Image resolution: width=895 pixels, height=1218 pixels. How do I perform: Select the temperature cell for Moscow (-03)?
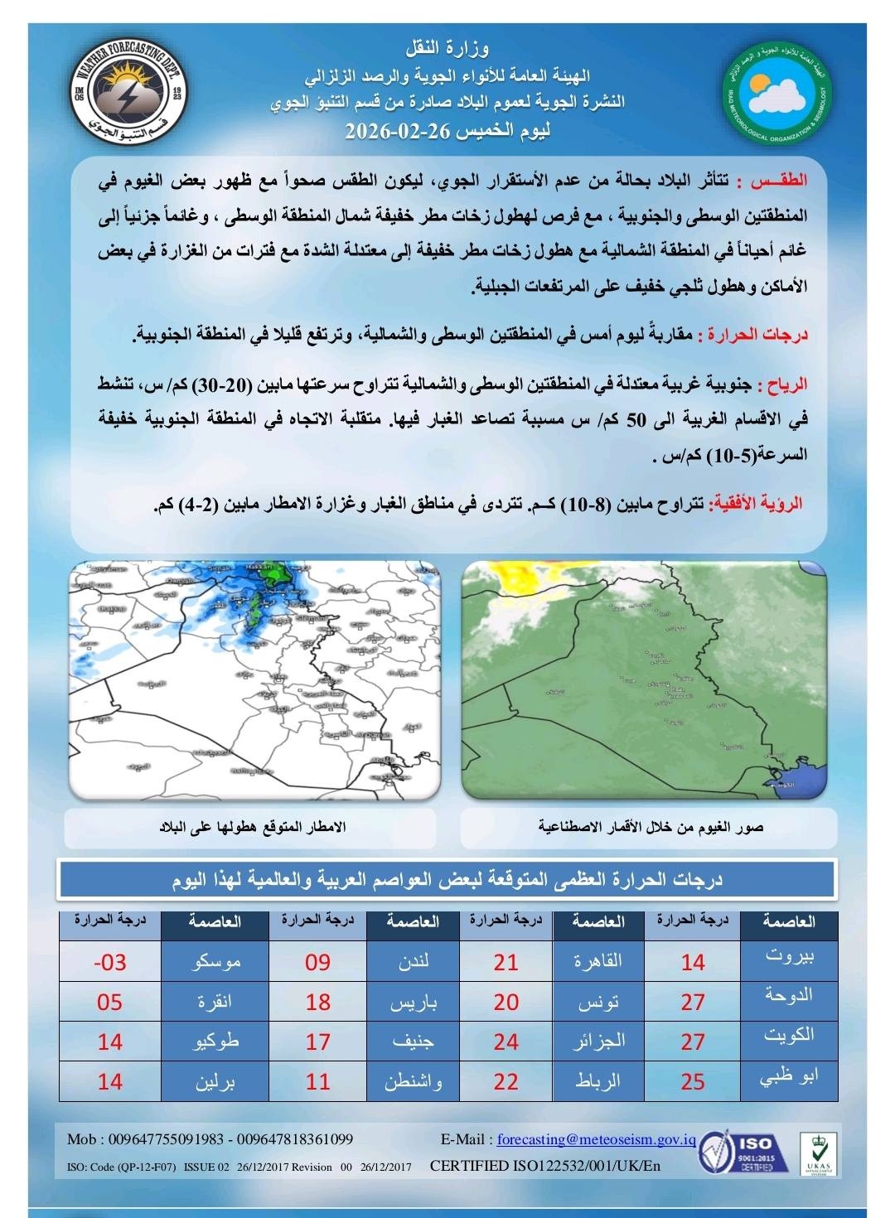[110, 963]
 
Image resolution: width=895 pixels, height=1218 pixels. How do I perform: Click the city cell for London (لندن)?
[413, 963]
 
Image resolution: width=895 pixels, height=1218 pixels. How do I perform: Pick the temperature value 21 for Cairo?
[506, 963]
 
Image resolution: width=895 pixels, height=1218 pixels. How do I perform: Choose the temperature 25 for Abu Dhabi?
[693, 1082]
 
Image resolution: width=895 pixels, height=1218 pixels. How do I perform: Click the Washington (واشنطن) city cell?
[413, 1082]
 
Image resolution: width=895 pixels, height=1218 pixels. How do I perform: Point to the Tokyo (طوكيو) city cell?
[215, 1042]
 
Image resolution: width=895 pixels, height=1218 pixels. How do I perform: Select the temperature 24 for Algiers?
[506, 1042]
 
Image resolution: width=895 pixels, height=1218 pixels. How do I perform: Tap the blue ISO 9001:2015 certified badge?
[740, 1154]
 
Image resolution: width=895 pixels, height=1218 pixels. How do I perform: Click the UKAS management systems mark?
[817, 1153]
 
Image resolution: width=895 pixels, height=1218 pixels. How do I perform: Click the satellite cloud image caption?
[651, 828]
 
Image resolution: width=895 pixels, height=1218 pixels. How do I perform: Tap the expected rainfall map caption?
[253, 828]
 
